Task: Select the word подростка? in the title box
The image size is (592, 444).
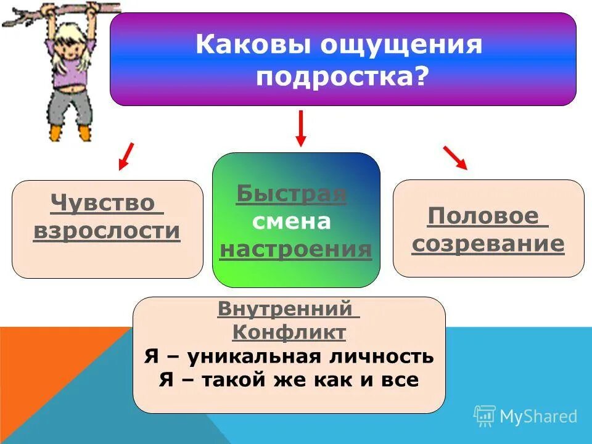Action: pyautogui.click(x=342, y=78)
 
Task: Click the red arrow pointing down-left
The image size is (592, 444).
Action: pyautogui.click(x=126, y=156)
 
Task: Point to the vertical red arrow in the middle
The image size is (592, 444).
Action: pyautogui.click(x=300, y=128)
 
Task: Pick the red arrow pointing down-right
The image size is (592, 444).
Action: pyautogui.click(x=455, y=157)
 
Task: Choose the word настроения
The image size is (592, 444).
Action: pyautogui.click(x=295, y=249)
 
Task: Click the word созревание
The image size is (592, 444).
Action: pyautogui.click(x=488, y=244)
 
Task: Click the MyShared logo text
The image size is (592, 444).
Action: pyautogui.click(x=538, y=417)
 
